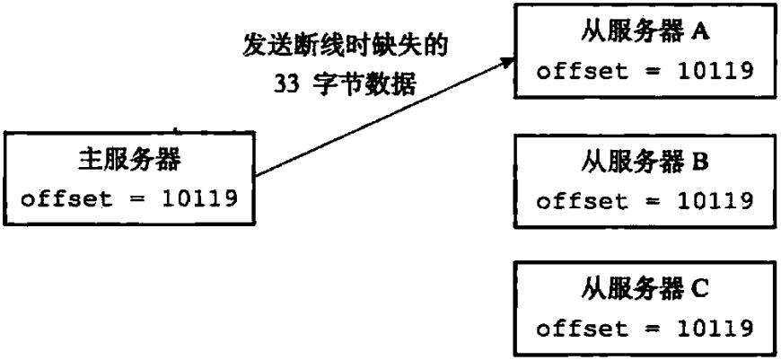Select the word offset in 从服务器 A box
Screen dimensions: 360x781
[571, 71]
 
